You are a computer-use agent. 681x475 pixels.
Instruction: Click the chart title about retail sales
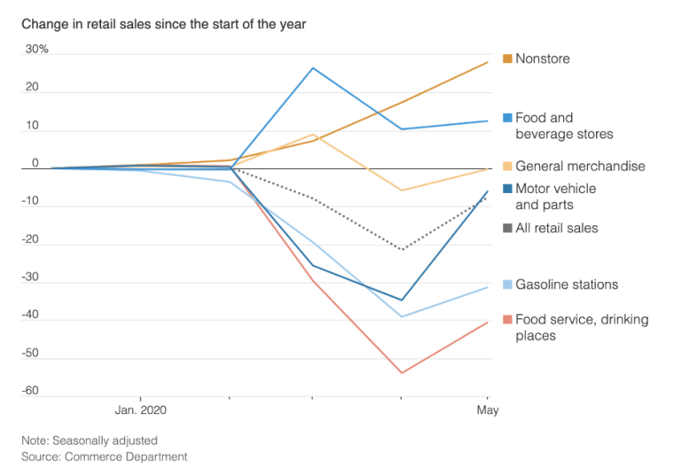[164, 24]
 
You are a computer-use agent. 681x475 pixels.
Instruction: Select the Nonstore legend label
[542, 59]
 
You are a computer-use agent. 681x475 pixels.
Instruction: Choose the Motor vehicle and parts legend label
[555, 197]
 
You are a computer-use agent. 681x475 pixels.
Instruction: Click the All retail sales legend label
[556, 229]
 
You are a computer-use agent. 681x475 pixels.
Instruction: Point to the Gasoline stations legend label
[567, 285]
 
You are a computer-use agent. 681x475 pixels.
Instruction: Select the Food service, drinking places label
[581, 327]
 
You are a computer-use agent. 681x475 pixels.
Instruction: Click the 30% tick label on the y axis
[36, 50]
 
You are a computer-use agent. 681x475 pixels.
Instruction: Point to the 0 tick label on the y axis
[35, 163]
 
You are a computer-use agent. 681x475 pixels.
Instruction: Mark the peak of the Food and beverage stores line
[313, 68]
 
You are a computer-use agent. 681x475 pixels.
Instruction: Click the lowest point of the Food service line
[402, 372]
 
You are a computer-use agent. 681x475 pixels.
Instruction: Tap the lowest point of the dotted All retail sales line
[402, 250]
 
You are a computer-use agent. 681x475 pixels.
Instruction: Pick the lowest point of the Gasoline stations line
[402, 316]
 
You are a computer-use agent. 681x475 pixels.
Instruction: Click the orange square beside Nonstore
[507, 59]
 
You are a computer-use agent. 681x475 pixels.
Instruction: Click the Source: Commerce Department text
[105, 456]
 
